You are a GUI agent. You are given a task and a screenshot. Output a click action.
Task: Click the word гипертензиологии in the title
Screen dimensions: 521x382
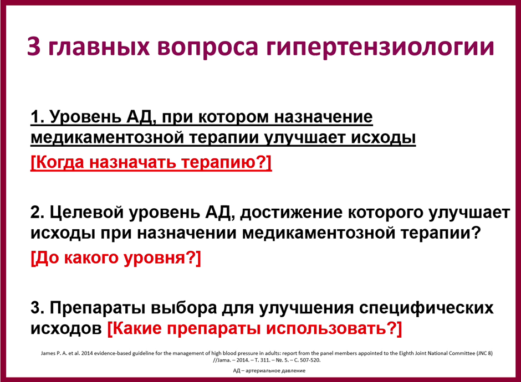(x=380, y=47)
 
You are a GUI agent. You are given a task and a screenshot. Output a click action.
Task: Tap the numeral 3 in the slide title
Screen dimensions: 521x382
(x=34, y=46)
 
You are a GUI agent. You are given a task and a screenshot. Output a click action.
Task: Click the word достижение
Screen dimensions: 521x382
(x=291, y=213)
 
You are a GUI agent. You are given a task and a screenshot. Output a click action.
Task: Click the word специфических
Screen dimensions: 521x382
(x=426, y=309)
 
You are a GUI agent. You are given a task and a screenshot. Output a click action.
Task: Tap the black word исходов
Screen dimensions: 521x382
(x=66, y=328)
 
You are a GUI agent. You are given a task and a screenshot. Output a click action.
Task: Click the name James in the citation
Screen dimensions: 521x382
(x=48, y=353)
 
